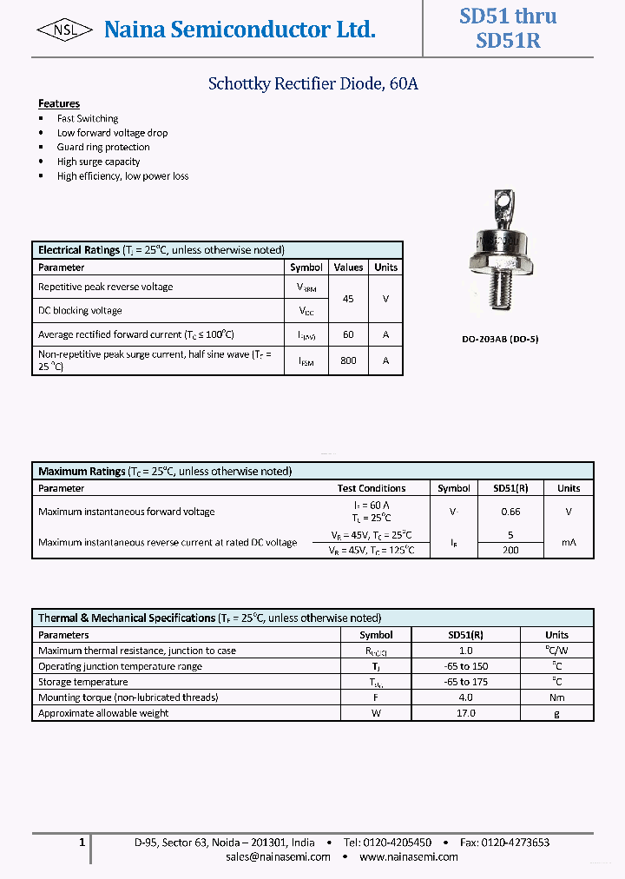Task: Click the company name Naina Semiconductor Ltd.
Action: coord(240,30)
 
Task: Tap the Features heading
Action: coord(59,103)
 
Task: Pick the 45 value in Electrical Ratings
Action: coord(348,299)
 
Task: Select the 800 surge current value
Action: coord(348,360)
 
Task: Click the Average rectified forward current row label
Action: coord(136,334)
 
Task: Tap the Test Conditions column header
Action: coord(372,488)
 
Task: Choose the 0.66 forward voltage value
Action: coord(510,512)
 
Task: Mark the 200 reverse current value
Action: coord(510,550)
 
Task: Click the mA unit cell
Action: coord(569,542)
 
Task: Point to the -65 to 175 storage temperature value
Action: coord(466,682)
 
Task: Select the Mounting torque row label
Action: coord(128,697)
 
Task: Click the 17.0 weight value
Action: coord(466,713)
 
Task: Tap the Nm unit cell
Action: coord(556,697)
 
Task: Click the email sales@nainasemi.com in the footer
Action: coord(278,856)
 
